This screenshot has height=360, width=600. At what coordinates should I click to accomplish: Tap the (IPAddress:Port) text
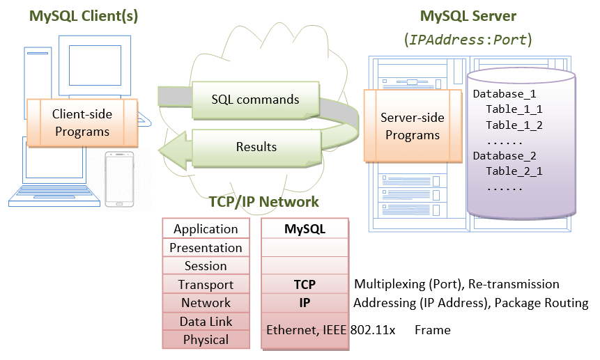(x=468, y=39)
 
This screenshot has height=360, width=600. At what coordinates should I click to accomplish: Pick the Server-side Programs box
(x=413, y=126)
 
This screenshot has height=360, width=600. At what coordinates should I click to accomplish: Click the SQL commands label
(x=255, y=99)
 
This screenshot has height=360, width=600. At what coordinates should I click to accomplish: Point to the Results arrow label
(x=256, y=147)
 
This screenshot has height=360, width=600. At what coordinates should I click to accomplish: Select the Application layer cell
(x=206, y=229)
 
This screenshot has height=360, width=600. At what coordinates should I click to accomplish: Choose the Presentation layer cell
(x=206, y=248)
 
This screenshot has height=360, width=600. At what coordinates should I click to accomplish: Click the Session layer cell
(x=206, y=266)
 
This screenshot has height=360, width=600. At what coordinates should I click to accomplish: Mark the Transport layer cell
(x=206, y=285)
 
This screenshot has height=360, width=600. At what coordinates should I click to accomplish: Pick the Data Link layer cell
(x=206, y=322)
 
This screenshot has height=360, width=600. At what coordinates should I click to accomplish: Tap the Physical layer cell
(x=206, y=340)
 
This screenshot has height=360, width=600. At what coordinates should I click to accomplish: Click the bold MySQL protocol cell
(x=305, y=228)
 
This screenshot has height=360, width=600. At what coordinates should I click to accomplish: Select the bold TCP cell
(x=305, y=284)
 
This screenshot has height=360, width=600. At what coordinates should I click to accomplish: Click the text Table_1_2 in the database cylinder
(x=514, y=125)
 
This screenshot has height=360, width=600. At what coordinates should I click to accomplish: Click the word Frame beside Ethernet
(x=432, y=330)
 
